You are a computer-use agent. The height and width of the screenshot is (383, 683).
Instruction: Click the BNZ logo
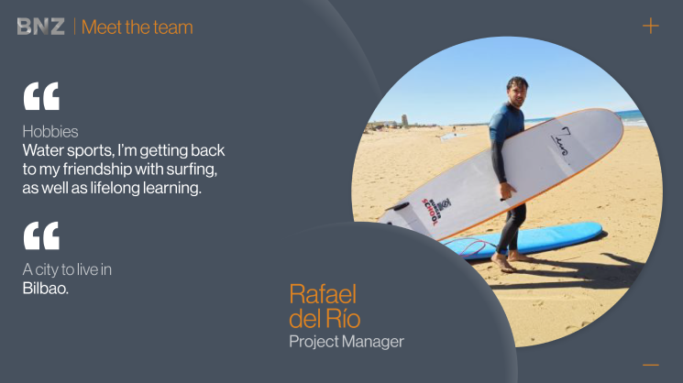[41, 27]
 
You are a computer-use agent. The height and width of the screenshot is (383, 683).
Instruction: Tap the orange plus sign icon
[651, 26]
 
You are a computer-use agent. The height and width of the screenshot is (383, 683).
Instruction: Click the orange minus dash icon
[651, 365]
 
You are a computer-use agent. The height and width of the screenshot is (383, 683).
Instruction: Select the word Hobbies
[50, 131]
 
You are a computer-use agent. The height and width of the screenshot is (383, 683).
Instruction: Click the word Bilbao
[45, 288]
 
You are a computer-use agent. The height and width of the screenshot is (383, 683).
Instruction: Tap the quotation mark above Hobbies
[41, 95]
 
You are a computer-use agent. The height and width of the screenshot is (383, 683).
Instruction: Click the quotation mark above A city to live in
[41, 235]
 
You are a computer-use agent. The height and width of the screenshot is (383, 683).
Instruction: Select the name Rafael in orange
[323, 294]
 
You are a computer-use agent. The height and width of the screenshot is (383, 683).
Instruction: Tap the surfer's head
[517, 91]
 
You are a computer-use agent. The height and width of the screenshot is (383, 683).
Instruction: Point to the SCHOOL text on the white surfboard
[429, 212]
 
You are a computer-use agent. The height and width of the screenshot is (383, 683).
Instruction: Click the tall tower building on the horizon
[404, 120]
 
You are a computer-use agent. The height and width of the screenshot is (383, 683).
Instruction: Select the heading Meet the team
[138, 27]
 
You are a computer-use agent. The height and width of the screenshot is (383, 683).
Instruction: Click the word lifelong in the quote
[115, 188]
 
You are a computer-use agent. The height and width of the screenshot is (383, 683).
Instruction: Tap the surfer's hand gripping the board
[507, 191]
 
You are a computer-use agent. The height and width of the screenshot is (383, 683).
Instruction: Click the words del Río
[325, 318]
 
